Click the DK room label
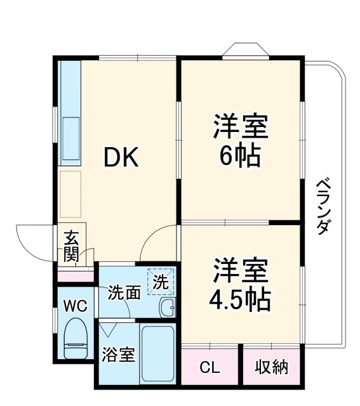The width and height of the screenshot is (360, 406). tap(121, 158)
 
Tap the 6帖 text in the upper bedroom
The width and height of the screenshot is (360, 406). tap(240, 154)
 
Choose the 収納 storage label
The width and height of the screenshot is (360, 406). tap(271, 367)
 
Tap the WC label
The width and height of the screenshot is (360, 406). tap(74, 303)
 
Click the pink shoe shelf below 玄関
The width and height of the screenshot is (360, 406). tap(75, 276)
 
